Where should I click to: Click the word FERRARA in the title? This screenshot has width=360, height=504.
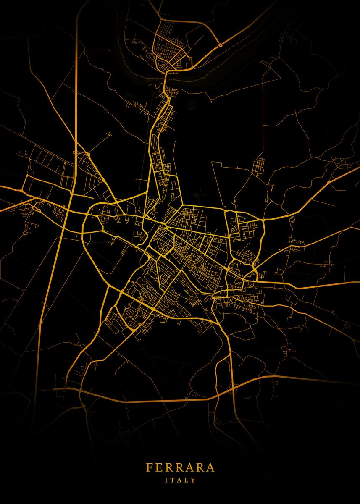[180, 467]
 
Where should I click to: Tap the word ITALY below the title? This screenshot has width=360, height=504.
[180, 480]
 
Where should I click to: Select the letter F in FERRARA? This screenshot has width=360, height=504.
[149, 467]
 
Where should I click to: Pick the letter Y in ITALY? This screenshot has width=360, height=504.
[193, 480]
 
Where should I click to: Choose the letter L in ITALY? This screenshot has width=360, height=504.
[187, 480]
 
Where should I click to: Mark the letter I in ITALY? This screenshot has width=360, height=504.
[167, 480]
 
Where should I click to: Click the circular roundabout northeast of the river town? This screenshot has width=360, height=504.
[220, 45]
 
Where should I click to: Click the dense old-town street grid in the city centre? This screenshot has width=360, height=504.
[189, 252]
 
